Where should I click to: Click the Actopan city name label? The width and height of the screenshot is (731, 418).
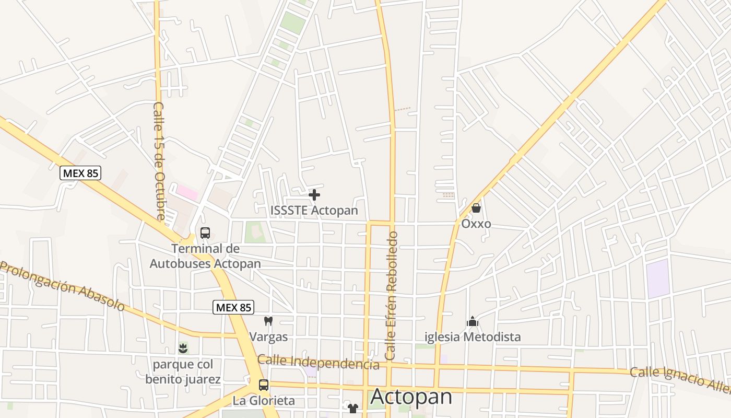(411, 397)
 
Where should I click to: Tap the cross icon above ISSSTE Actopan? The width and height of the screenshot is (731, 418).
(314, 195)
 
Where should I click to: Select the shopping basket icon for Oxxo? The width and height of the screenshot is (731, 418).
(476, 208)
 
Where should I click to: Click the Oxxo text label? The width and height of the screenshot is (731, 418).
(476, 224)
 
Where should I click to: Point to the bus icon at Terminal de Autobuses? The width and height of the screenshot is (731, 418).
(205, 233)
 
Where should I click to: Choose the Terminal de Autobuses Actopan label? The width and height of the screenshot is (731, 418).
(205, 256)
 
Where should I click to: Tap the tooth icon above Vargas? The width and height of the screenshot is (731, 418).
(268, 321)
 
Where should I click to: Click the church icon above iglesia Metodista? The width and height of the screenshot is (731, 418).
(473, 321)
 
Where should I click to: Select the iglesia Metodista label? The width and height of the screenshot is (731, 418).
(473, 337)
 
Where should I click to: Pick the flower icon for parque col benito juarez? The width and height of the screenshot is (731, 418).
(183, 347)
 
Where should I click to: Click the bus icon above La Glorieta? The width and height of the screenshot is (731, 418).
(264, 385)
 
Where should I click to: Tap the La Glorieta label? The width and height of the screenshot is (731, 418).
(264, 401)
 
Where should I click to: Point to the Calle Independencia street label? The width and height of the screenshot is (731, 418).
(319, 362)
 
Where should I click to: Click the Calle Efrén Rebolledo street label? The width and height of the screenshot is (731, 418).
(391, 295)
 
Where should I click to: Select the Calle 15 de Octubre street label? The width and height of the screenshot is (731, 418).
(159, 161)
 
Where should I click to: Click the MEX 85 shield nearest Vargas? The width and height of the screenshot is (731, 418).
(233, 307)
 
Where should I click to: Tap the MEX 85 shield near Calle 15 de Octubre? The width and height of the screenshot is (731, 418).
(80, 173)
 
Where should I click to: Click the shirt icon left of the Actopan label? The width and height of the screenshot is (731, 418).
(353, 408)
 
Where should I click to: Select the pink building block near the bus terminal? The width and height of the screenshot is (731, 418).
(187, 192)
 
